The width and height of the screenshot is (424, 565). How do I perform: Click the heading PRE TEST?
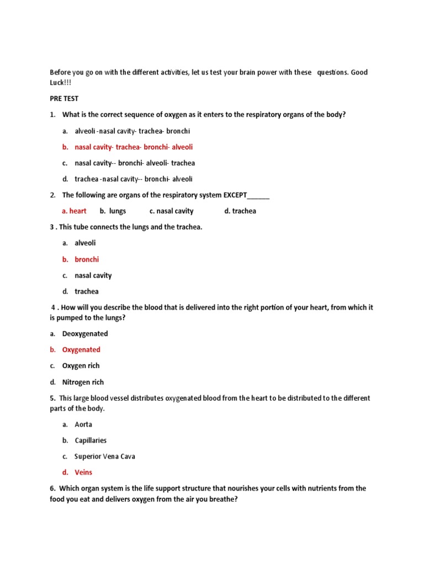coord(64,99)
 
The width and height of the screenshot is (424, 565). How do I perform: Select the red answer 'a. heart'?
coord(74,211)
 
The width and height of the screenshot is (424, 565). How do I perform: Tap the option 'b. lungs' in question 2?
coord(113,211)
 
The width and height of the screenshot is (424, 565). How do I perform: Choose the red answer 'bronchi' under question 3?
coord(87,259)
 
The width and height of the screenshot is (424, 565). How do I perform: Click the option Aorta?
coord(83,424)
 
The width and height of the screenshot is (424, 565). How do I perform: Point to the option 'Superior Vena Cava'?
coord(105,456)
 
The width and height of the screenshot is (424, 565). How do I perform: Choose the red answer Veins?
coord(83,472)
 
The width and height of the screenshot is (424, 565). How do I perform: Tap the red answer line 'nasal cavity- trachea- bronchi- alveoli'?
coord(134,147)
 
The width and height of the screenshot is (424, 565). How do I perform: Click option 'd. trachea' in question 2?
coord(240,211)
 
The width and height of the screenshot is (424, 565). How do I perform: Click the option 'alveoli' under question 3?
coord(85,243)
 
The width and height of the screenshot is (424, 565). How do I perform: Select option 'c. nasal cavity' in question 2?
coord(171,211)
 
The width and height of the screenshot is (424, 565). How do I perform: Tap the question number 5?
coord(52,398)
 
